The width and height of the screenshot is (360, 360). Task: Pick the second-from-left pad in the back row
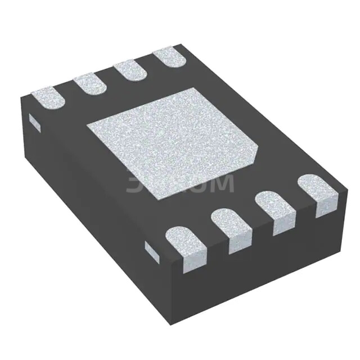[x=90, y=84]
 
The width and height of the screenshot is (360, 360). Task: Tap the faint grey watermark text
[x=180, y=184]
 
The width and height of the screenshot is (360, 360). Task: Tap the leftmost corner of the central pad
[x=86, y=127]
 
